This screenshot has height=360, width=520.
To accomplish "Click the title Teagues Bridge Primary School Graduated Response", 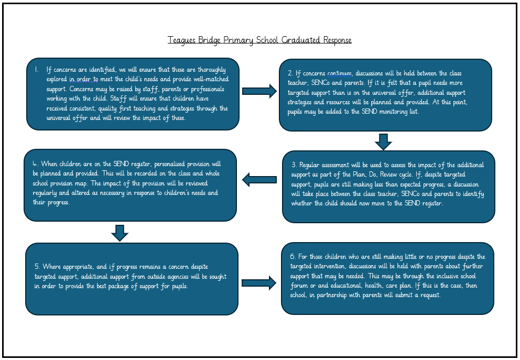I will pos(259,40).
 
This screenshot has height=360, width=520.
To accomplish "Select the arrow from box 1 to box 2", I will pos(259,91).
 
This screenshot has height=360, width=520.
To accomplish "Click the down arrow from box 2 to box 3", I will pos(384,141).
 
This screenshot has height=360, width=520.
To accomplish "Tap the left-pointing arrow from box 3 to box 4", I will pos(259,180).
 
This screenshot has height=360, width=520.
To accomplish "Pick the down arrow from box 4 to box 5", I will pos(120,233).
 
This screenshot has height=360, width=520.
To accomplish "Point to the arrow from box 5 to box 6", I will pos(258,283).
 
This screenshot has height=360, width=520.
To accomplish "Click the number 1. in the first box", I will pos(37,69).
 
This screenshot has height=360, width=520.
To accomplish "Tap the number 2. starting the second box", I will pos(290,74).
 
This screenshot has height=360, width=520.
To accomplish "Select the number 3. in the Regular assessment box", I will pos(294,165).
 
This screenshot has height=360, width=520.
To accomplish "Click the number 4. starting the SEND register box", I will pos(35,164).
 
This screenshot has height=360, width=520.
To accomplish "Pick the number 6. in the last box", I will pos(293,257).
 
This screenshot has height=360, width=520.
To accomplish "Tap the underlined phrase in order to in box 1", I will pos(84,79).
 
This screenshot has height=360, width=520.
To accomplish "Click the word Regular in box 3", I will pos(311,165).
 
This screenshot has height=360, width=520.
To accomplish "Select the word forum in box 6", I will pos(300,286).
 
